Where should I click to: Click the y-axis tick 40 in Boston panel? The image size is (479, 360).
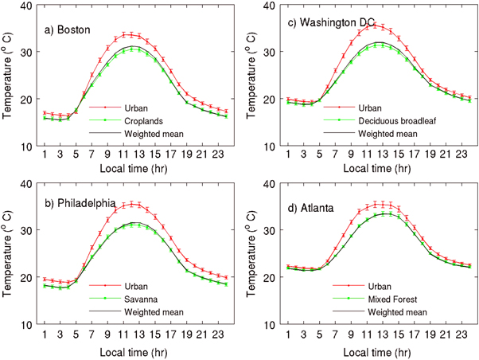tap(27, 6)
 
